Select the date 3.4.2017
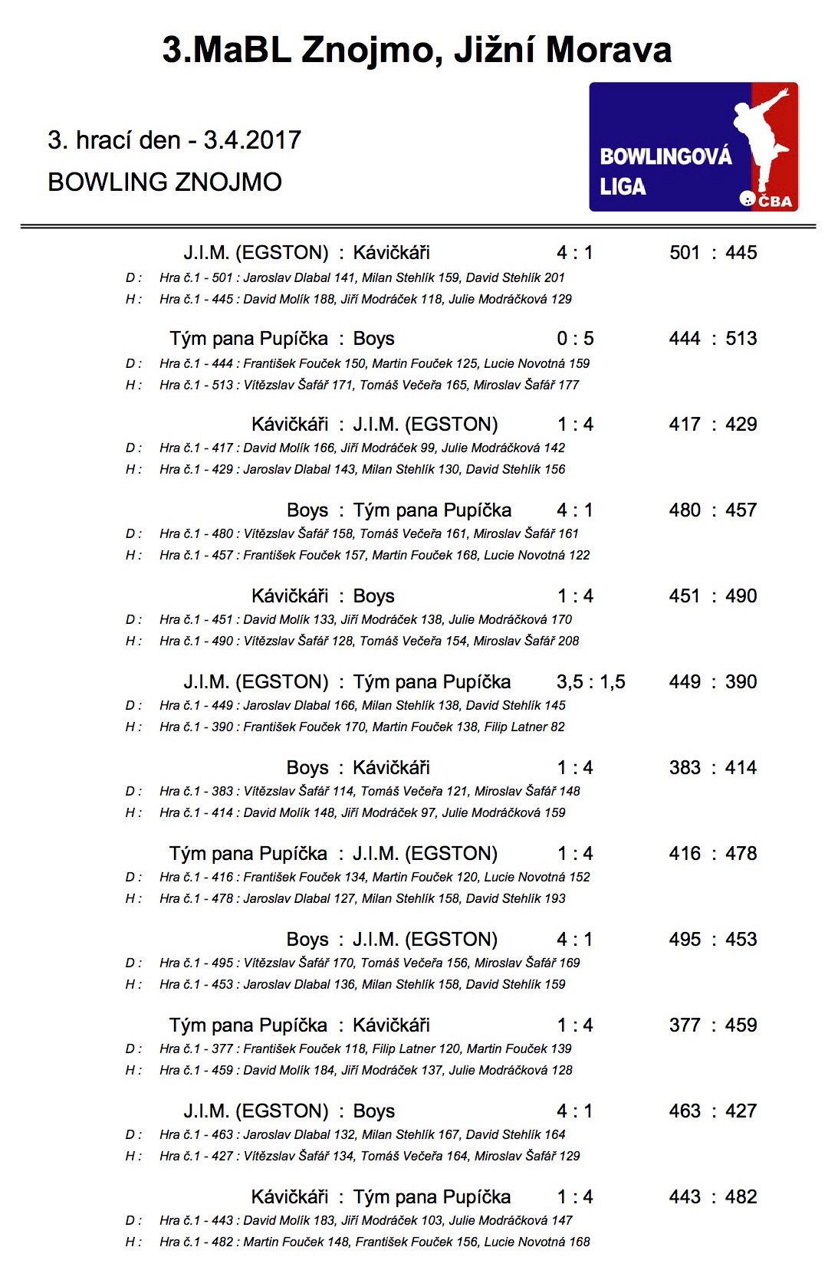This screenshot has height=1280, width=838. pos(252,140)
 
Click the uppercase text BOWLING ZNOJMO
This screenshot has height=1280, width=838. pos(165,182)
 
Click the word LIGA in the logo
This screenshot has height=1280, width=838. pos(623,186)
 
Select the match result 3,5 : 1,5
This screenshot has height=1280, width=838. pos(590,682)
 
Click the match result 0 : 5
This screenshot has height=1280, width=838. pos(575,339)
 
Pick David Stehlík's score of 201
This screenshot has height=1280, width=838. pos(554,277)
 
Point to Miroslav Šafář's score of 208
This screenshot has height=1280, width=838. pos(569,641)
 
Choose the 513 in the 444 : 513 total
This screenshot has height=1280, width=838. pos(741,339)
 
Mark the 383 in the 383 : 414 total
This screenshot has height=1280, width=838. pos(685,768)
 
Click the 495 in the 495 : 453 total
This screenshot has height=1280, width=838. pos(685,940)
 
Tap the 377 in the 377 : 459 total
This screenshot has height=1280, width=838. pos(685,1026)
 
